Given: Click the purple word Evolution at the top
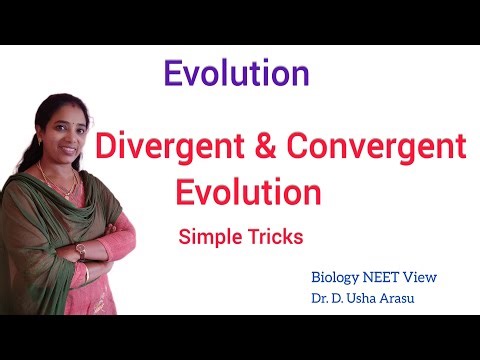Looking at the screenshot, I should click(236, 73).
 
